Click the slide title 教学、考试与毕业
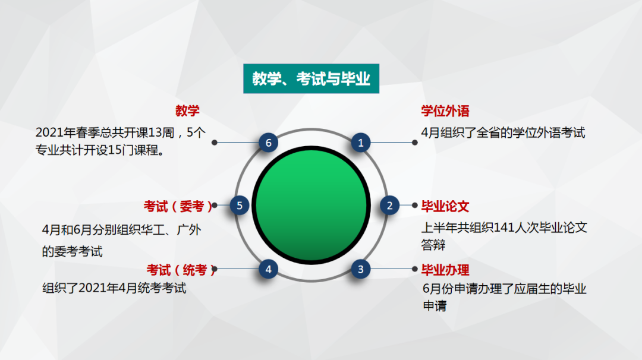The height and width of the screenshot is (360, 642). tap(311, 79)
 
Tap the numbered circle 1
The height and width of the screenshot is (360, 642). tap(360, 143)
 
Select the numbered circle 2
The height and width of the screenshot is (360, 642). tap(390, 206)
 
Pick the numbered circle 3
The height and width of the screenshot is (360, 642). tap(360, 269)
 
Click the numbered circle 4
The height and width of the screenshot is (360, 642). tap(269, 269)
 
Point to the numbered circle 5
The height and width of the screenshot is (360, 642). tap(240, 206)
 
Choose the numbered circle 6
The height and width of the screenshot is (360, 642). tap(269, 143)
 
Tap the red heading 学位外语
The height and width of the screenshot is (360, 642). tap(445, 111)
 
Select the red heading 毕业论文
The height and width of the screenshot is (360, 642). tap(445, 206)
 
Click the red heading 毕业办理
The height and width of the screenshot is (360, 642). tap(445, 270)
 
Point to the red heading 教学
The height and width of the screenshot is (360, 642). tap(187, 111)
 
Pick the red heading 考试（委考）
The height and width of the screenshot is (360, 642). tap(178, 206)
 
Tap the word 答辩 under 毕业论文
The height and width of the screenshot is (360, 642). tap(433, 245)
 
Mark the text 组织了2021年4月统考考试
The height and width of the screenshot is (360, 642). tap(114, 289)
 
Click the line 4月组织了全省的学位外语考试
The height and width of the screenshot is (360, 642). tap(503, 132)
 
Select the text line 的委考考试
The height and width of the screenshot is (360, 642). tap(72, 252)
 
